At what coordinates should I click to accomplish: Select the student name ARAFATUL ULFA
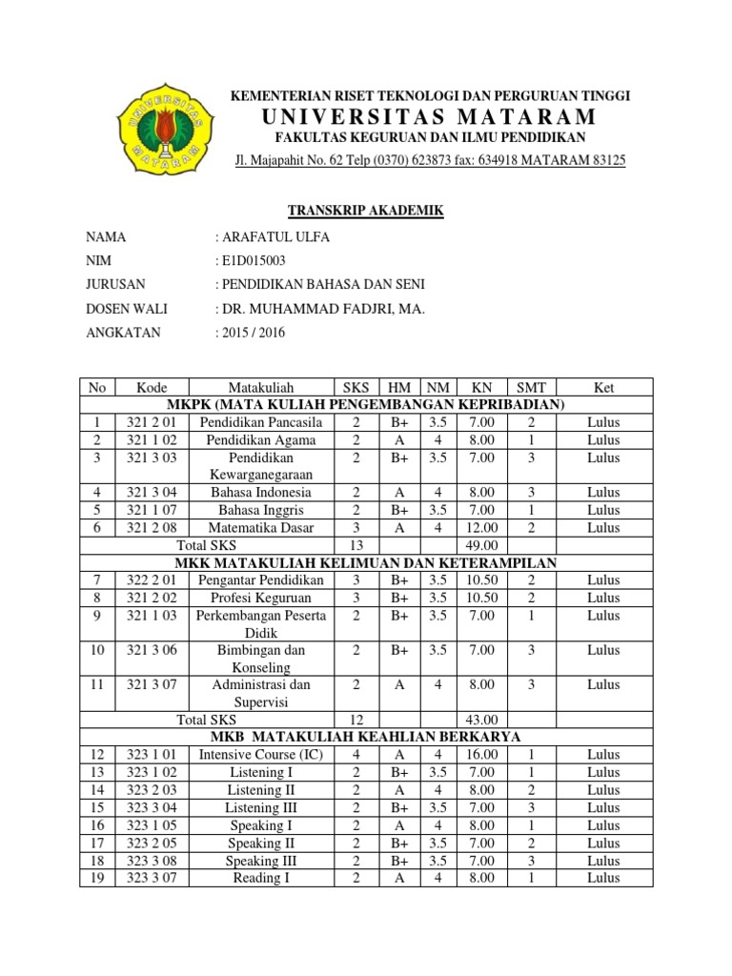pyautogui.click(x=274, y=237)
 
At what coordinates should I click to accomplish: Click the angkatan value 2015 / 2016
pyautogui.click(x=253, y=333)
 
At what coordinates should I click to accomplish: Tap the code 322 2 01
pyautogui.click(x=152, y=580)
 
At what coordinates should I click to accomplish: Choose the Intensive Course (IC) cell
pyautogui.click(x=260, y=755)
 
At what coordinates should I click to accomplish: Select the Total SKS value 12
pyautogui.click(x=356, y=720)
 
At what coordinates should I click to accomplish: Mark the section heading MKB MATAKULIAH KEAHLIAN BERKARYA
pyautogui.click(x=366, y=737)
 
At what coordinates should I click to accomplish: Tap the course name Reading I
pyautogui.click(x=260, y=878)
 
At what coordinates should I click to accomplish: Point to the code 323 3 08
pyautogui.click(x=152, y=861)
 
